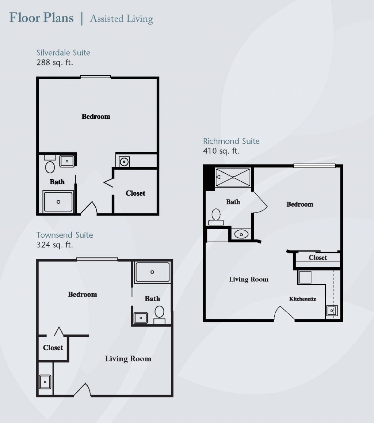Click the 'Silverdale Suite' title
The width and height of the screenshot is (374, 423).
pyautogui.click(x=63, y=53)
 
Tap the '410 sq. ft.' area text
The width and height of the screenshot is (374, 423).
pyautogui.click(x=221, y=151)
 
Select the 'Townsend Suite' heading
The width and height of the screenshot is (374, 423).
pyautogui.click(x=65, y=235)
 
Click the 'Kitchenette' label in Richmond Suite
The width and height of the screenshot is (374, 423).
pyautogui.click(x=302, y=299)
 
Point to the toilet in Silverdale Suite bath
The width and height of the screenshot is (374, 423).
pyautogui.click(x=50, y=167)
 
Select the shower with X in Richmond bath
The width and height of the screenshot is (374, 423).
pyautogui.click(x=233, y=177)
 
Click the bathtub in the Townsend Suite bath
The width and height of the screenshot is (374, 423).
pyautogui.click(x=152, y=272)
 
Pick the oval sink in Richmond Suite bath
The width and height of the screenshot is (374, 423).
pyautogui.click(x=241, y=234)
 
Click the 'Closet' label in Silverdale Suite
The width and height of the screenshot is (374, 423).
pyautogui.click(x=135, y=193)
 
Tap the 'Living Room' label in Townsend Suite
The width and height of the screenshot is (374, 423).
pyautogui.click(x=128, y=359)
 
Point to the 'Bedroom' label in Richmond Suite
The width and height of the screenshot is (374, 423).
pyautogui.click(x=299, y=204)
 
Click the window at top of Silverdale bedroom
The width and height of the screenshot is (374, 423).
pyautogui.click(x=95, y=77)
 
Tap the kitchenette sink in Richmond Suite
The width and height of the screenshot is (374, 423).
pyautogui.click(x=332, y=311)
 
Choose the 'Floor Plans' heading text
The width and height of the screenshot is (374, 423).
pyautogui.click(x=41, y=18)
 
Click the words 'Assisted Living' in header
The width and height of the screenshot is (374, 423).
pyautogui.click(x=121, y=19)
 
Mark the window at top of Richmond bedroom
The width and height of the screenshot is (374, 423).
pyautogui.click(x=314, y=166)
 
